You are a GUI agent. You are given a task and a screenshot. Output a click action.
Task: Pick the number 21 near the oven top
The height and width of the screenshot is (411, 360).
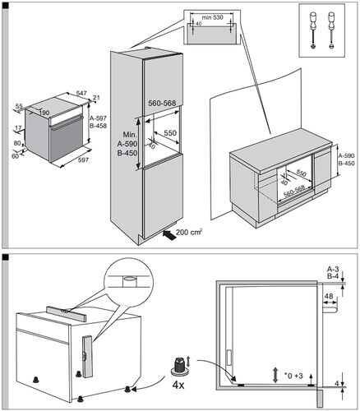(x=96, y=99)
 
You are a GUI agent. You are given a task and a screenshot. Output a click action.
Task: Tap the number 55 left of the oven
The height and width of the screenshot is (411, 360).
(x=19, y=107)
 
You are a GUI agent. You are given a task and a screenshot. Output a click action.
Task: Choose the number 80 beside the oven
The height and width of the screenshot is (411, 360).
(x=17, y=144)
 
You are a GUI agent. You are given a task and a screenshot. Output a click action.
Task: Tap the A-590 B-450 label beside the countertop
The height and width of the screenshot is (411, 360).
(x=348, y=159)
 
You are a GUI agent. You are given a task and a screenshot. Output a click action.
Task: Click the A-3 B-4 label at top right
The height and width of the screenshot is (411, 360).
(x=333, y=273)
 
